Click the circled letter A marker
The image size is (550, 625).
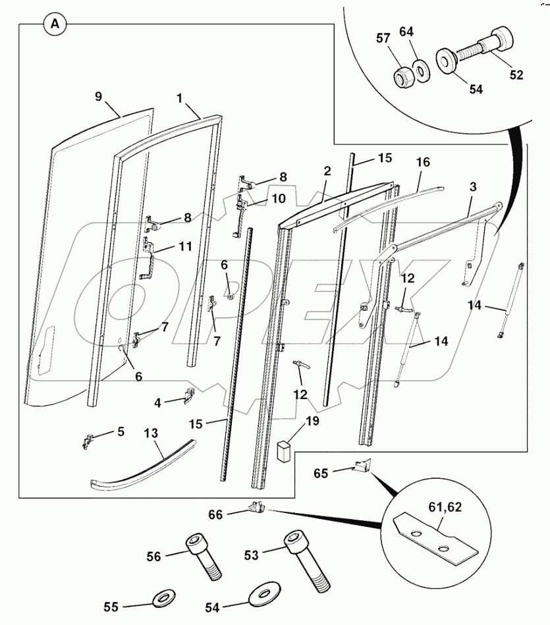(55, 25)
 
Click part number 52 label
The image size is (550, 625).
(516, 75)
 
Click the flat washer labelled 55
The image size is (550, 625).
(162, 600)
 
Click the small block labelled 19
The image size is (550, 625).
(285, 452)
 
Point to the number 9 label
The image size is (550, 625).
(98, 96)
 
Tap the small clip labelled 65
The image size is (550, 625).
(361, 466)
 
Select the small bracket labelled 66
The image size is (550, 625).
(256, 508)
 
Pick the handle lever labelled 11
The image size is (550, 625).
(151, 260)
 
